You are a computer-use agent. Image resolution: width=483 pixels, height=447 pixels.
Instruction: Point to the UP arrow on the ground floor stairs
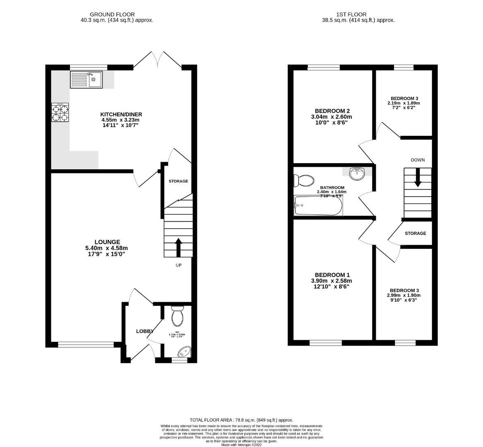pyautogui.click(x=178, y=247)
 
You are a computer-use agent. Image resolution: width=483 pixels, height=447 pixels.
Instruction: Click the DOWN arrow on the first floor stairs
pyautogui.click(x=418, y=177)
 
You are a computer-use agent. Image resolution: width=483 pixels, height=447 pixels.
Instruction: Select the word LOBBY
pyautogui.click(x=145, y=331)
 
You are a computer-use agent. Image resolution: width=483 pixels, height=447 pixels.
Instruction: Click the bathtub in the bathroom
pyautogui.click(x=318, y=206)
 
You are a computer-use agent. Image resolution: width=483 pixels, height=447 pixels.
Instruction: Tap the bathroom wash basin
pyautogui.click(x=356, y=174)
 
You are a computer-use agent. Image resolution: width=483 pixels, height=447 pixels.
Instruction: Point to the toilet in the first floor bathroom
pyautogui.click(x=303, y=180)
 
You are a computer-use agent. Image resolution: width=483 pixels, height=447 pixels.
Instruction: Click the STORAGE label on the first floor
pyautogui.click(x=415, y=233)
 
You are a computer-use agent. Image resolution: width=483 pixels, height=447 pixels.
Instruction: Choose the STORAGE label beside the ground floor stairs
pyautogui.click(x=178, y=181)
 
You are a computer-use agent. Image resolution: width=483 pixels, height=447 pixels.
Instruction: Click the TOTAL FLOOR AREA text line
pyautogui.click(x=241, y=420)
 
